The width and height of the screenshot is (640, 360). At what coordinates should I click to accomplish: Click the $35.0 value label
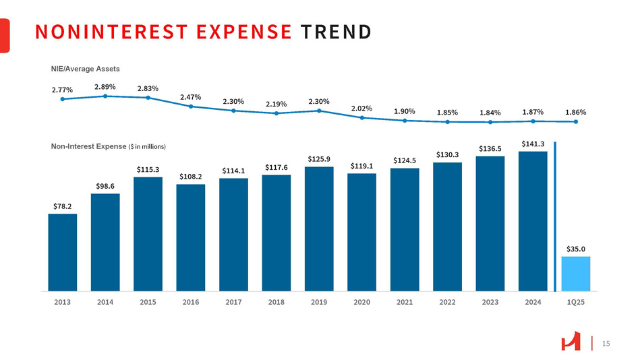click(x=575, y=249)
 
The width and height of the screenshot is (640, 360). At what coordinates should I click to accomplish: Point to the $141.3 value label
click(x=533, y=143)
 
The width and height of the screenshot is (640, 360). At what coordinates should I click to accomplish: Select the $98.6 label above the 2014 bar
click(x=105, y=185)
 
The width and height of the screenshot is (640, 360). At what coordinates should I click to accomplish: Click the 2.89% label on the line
click(x=105, y=86)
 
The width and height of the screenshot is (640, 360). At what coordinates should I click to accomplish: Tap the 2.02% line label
click(x=361, y=108)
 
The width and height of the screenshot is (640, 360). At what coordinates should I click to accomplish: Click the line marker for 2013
click(x=63, y=99)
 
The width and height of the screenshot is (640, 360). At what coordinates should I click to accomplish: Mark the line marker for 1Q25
click(x=576, y=122)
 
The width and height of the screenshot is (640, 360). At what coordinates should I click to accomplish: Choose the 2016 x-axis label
click(x=191, y=302)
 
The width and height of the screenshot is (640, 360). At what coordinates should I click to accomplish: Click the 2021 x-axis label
click(x=405, y=302)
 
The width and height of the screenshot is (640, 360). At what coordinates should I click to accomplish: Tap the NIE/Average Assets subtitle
click(x=85, y=68)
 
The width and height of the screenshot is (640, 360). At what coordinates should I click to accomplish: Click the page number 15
click(x=605, y=344)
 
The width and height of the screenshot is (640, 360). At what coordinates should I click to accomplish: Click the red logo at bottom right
click(x=571, y=343)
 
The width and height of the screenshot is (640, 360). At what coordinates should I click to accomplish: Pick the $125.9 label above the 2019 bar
click(x=319, y=158)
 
